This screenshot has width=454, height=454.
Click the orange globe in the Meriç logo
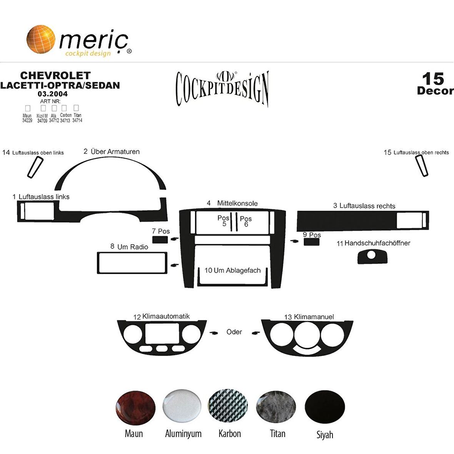(40, 39)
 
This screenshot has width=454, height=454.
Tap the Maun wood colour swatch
(135, 408)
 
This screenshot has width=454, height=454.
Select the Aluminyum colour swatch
(182, 406)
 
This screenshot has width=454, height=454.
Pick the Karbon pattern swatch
(228, 406)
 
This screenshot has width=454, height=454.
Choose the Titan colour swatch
(276, 407)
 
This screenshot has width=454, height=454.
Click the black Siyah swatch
(325, 407)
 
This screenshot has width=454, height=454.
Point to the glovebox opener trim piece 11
(372, 257)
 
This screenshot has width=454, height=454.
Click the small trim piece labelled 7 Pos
(160, 239)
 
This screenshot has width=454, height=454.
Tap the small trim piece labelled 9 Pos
(312, 242)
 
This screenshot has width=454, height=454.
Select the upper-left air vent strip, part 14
(35, 167)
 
